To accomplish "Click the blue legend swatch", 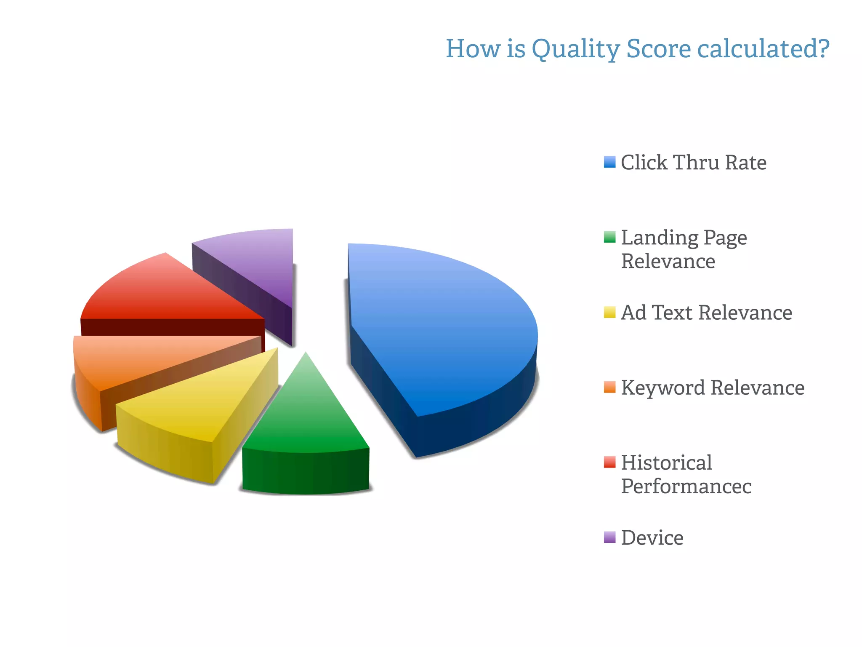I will [x=609, y=162].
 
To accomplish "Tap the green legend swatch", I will [x=609, y=237].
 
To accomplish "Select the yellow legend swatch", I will [x=609, y=312].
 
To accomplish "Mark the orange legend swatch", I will [x=609, y=387].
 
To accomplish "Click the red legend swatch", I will [x=609, y=462].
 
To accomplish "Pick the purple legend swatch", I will [x=609, y=537].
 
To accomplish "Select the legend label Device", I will [x=652, y=538].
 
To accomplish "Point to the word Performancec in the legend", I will [x=686, y=487].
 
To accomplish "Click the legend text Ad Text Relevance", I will [x=706, y=313].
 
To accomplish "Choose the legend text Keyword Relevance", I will [x=713, y=388].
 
